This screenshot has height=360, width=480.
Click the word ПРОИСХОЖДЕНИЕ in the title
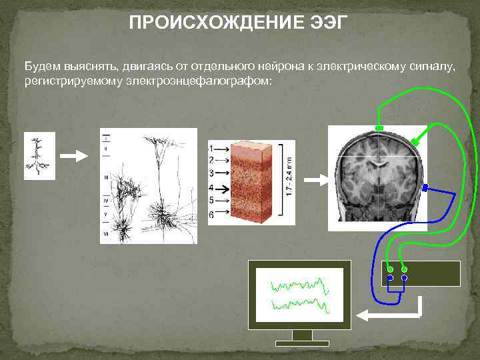click(213, 24)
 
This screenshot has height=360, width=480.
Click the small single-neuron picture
click(39, 156)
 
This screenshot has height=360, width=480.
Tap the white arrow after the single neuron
click(73, 156)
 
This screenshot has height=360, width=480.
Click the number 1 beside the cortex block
click(211, 148)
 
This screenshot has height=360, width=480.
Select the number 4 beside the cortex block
click(211, 188)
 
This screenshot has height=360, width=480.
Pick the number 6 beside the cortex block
click(211, 215)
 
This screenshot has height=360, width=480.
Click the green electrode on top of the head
click(379, 127)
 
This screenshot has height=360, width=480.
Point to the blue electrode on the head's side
click(425, 188)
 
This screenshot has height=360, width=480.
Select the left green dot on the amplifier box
click(391, 269)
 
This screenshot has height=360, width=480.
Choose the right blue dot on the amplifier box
click(404, 277)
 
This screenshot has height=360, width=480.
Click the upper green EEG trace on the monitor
click(299, 286)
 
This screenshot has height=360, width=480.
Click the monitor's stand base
click(302, 343)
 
